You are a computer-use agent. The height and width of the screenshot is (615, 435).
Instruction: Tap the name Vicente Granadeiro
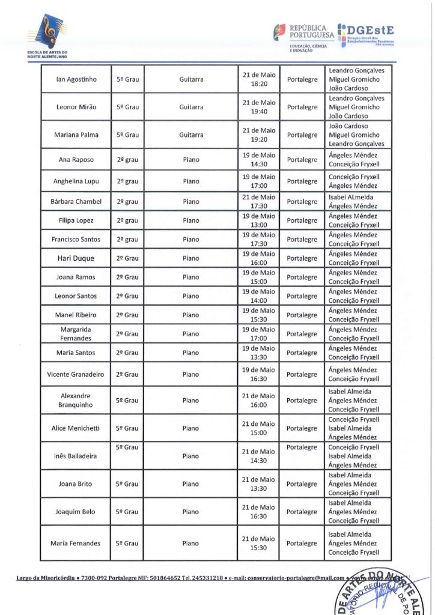point(76,374)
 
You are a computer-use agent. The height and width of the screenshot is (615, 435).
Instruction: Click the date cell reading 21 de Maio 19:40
point(259,107)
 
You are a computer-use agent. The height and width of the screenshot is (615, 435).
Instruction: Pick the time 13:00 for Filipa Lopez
point(259,225)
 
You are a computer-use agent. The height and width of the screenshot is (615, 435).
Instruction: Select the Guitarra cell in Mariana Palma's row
point(191,135)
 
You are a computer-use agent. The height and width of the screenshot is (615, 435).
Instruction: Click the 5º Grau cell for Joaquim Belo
point(127,512)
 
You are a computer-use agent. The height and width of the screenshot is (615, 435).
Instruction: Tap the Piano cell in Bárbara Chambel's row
point(191,202)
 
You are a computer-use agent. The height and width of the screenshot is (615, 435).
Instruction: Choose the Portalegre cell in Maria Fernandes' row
point(302,544)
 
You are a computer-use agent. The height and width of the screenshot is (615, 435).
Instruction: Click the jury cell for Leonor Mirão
point(357,107)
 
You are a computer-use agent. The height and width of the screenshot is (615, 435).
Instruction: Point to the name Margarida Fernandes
point(76,334)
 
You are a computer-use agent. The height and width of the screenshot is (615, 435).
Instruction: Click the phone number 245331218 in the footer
point(207,578)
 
